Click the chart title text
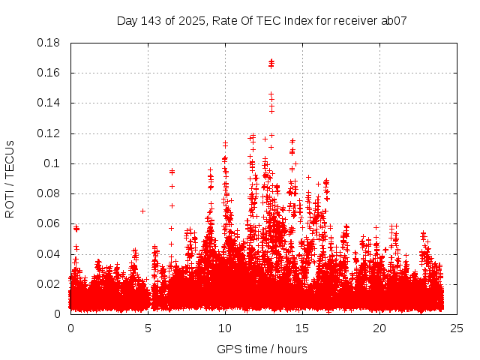pos(262,20)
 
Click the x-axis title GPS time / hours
pos(262,349)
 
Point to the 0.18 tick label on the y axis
pos(49,43)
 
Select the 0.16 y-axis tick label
pos(49,73)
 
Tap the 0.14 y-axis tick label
pos(49,103)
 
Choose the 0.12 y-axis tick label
pos(49,133)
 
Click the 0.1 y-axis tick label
pos(52,163)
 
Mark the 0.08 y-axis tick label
pos(49,193)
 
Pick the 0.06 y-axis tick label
pos(49,223)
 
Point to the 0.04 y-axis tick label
pos(49,253)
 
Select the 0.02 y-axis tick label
pos(49,283)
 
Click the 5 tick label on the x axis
pos(148,328)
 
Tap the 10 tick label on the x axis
pos(225,328)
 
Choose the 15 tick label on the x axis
pos(302,328)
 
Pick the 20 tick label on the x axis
pos(379,328)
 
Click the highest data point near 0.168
pos(271,61)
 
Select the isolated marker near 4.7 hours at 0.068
pos(142,211)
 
